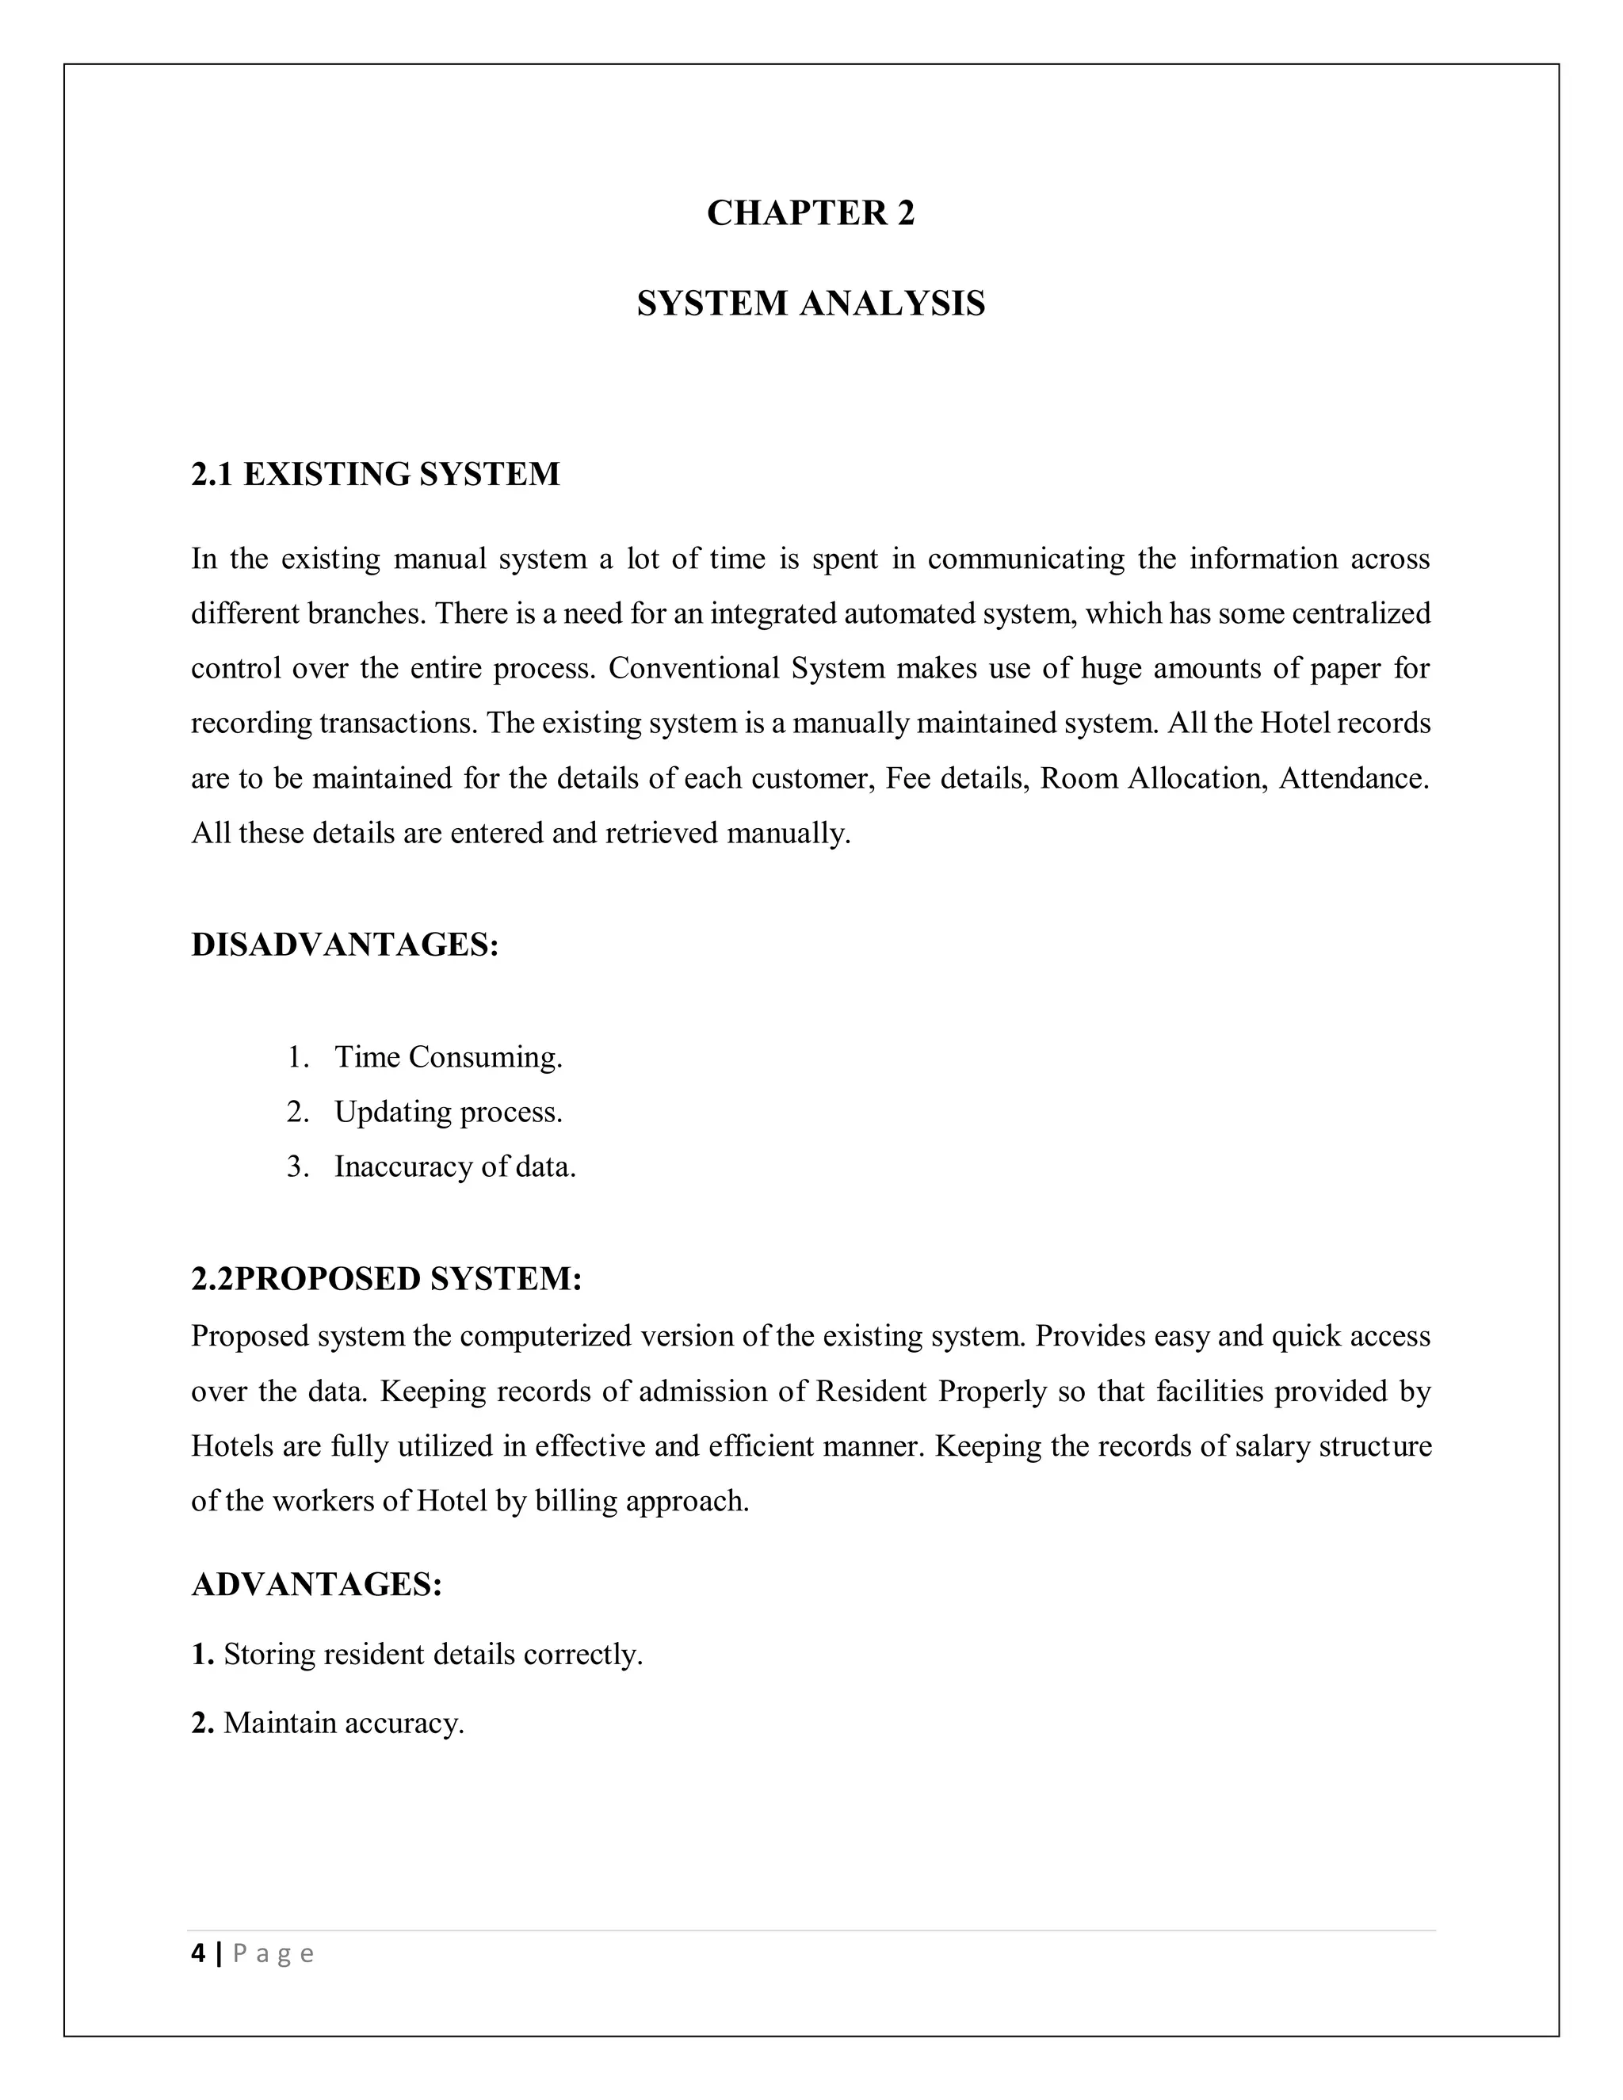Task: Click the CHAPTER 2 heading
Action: tap(811, 212)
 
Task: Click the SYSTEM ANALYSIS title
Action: tap(811, 303)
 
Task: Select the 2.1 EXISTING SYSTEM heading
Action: tap(375, 474)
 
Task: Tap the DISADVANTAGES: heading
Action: tap(346, 945)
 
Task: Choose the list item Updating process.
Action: tap(447, 1112)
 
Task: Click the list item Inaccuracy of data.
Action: tap(454, 1166)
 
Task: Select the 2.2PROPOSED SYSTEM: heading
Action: tap(387, 1279)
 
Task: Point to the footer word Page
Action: tap(273, 1954)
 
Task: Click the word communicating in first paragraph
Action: tap(1025, 558)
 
